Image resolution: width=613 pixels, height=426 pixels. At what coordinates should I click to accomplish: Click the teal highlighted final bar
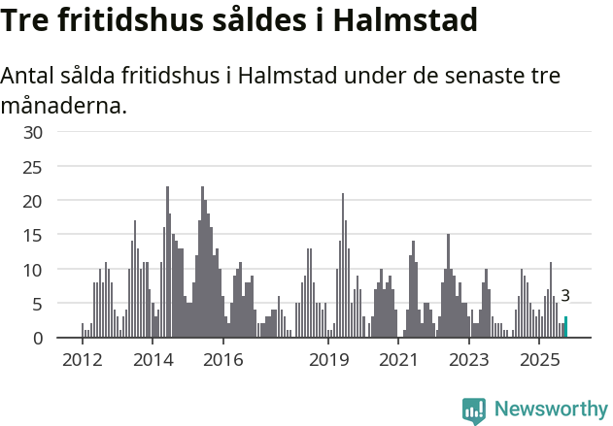(x=566, y=327)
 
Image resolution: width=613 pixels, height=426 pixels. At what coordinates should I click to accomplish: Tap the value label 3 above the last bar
(x=565, y=297)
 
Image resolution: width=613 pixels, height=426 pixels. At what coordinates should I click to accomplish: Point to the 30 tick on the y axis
(x=33, y=132)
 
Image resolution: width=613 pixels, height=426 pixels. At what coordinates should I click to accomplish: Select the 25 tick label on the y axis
(x=33, y=167)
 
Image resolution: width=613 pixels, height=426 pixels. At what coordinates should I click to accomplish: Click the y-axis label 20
(x=33, y=201)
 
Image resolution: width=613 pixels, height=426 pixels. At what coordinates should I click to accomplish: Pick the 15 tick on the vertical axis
(x=33, y=235)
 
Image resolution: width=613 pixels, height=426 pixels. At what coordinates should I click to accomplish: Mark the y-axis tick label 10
(x=33, y=270)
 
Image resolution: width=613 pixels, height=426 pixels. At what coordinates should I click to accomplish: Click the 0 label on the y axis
(x=38, y=338)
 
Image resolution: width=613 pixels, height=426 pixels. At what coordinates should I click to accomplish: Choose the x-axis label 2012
(x=82, y=360)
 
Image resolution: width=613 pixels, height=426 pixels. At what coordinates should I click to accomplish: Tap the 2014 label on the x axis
(x=153, y=360)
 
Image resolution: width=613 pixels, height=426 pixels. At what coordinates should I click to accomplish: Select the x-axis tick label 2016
(x=223, y=360)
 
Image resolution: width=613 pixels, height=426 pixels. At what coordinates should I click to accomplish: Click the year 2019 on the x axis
(x=329, y=360)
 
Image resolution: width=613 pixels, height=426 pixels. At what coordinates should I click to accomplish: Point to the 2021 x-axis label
(x=399, y=360)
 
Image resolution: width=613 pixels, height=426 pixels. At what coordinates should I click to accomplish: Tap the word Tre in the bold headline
(x=27, y=20)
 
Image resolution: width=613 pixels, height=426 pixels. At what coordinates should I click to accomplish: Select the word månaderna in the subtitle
(x=64, y=105)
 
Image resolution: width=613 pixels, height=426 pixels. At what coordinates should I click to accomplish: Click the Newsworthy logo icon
(x=474, y=410)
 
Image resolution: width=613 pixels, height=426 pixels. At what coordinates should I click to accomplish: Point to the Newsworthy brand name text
(x=550, y=410)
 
